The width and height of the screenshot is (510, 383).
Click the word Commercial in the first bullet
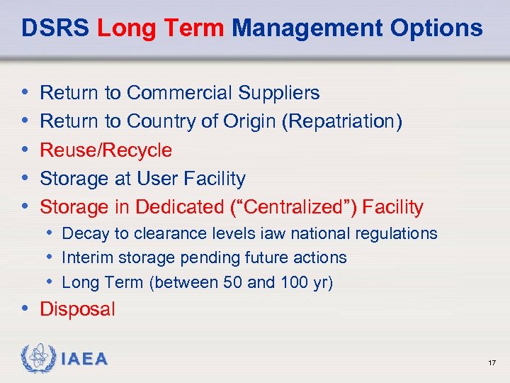(x=184, y=93)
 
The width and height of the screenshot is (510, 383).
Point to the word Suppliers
(x=283, y=93)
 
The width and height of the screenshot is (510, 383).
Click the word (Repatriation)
(x=342, y=122)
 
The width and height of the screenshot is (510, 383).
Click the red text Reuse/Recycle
(x=106, y=150)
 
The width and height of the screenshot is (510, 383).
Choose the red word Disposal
(x=77, y=309)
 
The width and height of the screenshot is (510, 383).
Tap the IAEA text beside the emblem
(x=84, y=360)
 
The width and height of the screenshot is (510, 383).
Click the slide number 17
(x=492, y=363)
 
